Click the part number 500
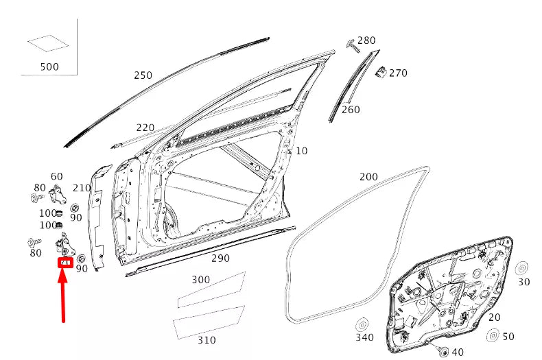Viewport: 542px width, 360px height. point(49,67)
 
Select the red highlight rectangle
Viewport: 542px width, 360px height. point(65,261)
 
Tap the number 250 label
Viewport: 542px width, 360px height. point(143,75)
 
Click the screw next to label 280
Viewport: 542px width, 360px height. point(352,45)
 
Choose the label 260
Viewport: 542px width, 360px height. point(350,109)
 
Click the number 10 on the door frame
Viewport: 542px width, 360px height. point(302,150)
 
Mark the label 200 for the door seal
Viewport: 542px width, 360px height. point(368,176)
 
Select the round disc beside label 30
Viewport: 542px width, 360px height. point(521,268)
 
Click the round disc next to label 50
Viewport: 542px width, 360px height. point(493,336)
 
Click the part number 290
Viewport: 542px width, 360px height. point(220,258)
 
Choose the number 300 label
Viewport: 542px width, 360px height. point(201,280)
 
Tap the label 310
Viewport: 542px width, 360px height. point(206,339)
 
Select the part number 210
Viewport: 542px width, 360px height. point(82,188)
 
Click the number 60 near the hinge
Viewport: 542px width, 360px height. point(56,176)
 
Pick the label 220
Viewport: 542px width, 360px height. point(145,127)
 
